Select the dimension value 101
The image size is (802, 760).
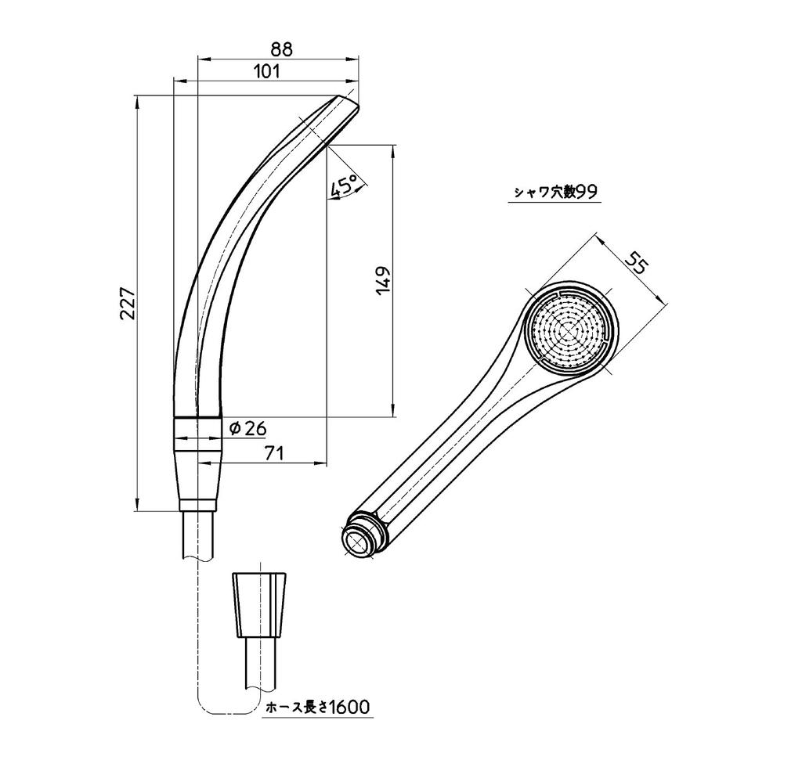(x=267, y=71)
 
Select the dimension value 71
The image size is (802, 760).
(x=273, y=452)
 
